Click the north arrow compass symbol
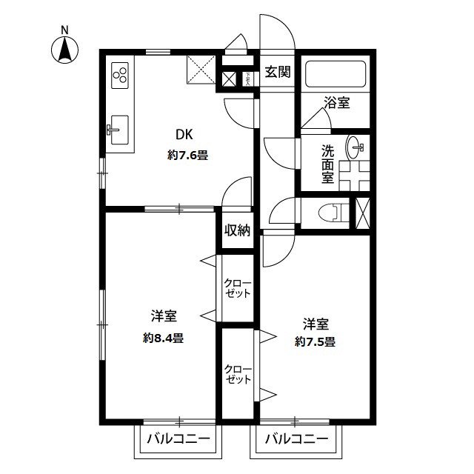point(65,48)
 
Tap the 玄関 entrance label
point(278,72)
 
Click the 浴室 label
point(336,103)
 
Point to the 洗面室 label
point(327,164)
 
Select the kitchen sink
point(118,132)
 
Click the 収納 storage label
point(237,230)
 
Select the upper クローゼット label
point(238,288)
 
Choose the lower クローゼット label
point(238,374)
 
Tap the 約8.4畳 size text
point(164,337)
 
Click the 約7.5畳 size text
point(315,341)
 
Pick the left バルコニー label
point(178,438)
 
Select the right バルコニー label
point(296,438)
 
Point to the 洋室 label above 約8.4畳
point(163,316)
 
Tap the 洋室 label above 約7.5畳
point(315,324)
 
